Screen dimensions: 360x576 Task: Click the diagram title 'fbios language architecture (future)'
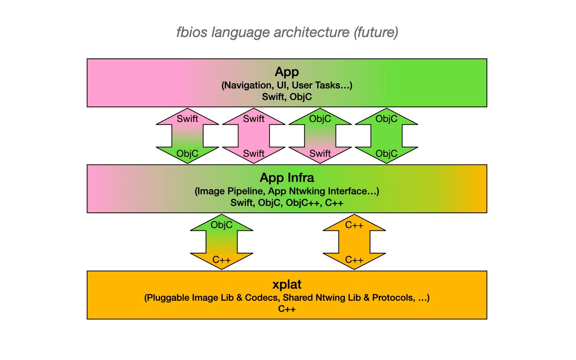pyautogui.click(x=287, y=32)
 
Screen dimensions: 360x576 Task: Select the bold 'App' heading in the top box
pyautogui.click(x=287, y=72)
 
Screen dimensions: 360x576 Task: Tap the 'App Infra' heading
pyautogui.click(x=287, y=178)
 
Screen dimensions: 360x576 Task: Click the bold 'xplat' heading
pyautogui.click(x=287, y=284)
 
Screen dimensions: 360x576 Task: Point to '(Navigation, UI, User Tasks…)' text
pyautogui.click(x=287, y=85)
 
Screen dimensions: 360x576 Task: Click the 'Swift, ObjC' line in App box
pyautogui.click(x=287, y=97)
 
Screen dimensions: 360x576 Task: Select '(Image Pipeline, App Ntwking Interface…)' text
pyautogui.click(x=287, y=191)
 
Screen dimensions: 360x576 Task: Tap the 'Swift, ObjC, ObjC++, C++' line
pyautogui.click(x=287, y=203)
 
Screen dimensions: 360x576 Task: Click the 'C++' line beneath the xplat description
pyautogui.click(x=287, y=309)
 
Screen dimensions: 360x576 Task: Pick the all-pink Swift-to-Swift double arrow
pyautogui.click(x=254, y=136)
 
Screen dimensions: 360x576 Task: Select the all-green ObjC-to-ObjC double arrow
pyautogui.click(x=386, y=136)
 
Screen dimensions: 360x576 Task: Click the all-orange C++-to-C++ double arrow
pyautogui.click(x=354, y=242)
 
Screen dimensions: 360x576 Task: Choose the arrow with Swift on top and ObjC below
pyautogui.click(x=187, y=136)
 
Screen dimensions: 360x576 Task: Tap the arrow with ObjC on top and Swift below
pyautogui.click(x=320, y=136)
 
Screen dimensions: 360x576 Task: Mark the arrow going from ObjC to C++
pyautogui.click(x=222, y=242)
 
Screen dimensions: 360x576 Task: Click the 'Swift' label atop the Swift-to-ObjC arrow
pyautogui.click(x=187, y=119)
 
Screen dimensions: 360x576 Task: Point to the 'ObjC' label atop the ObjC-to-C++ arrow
pyautogui.click(x=222, y=225)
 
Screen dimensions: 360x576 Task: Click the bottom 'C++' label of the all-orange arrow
pyautogui.click(x=354, y=260)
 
